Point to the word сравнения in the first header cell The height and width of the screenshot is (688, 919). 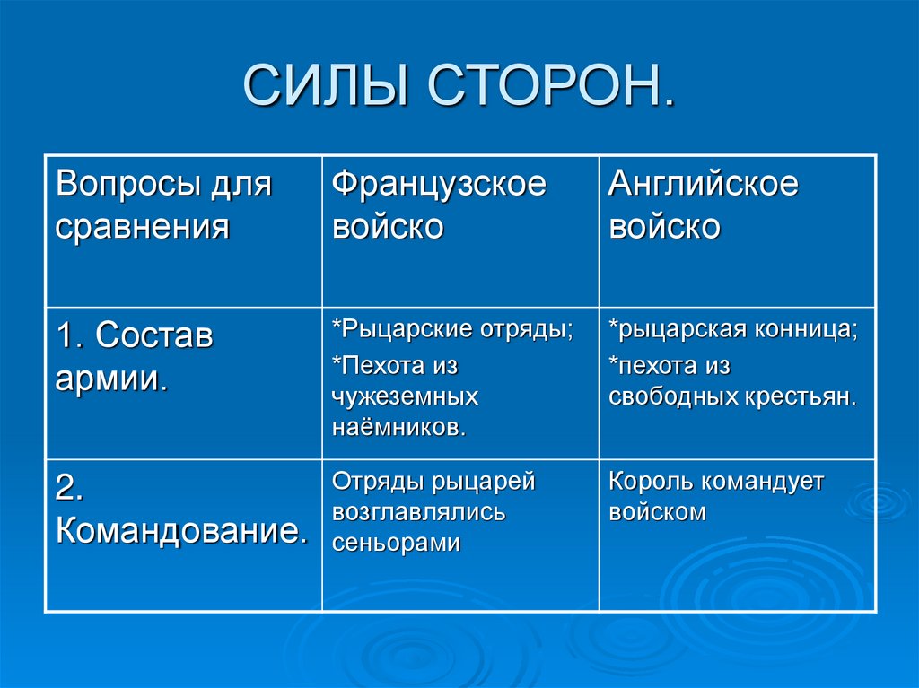143,227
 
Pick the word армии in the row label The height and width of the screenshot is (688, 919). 109,378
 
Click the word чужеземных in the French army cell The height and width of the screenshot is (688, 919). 405,396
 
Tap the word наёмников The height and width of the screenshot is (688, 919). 399,426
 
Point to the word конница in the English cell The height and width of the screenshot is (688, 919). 805,329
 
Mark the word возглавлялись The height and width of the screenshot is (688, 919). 418,512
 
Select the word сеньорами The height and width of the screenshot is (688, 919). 396,543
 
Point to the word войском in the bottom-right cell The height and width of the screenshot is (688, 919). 657,512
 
